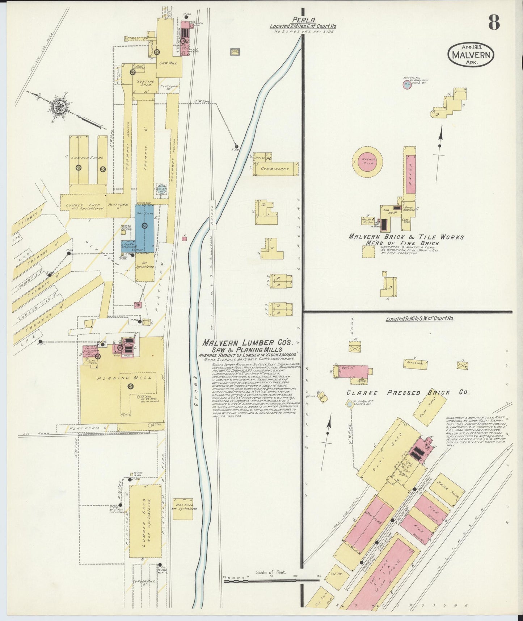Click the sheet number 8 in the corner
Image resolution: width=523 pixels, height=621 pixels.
(x=494, y=22)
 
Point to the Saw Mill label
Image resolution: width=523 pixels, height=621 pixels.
(x=168, y=63)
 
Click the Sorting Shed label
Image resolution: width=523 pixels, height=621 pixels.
(x=145, y=83)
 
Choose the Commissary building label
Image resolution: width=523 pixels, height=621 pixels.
(x=275, y=169)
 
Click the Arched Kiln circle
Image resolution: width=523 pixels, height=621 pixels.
(x=367, y=162)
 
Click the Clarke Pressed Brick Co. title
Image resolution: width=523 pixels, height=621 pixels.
(x=408, y=393)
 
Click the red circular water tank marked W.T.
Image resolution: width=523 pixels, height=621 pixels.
(x=407, y=85)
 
